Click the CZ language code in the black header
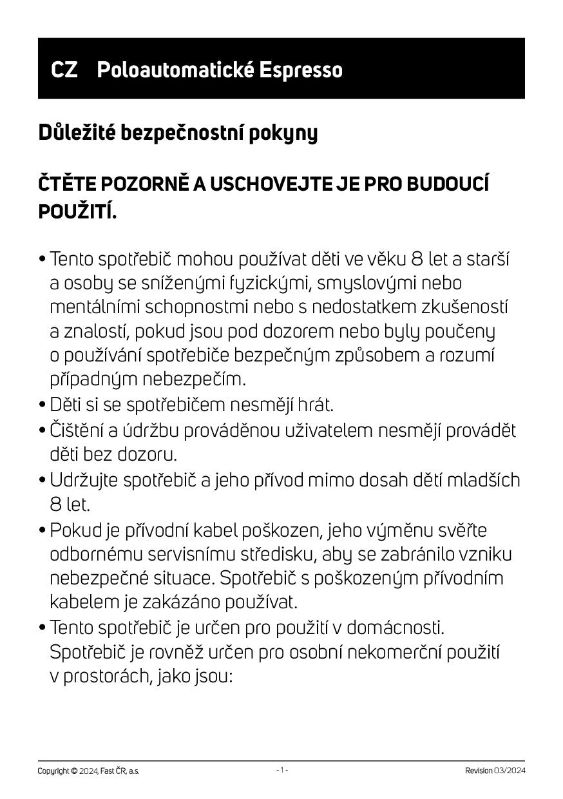tap(64, 70)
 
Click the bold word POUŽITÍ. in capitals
tap(78, 211)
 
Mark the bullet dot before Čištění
tap(43, 430)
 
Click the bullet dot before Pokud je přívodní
tap(43, 531)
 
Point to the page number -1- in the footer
tap(282, 770)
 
